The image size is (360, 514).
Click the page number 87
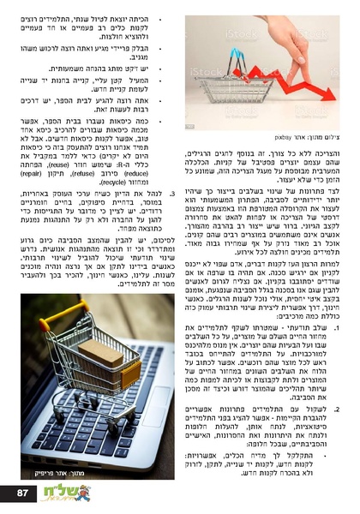click(23, 493)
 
